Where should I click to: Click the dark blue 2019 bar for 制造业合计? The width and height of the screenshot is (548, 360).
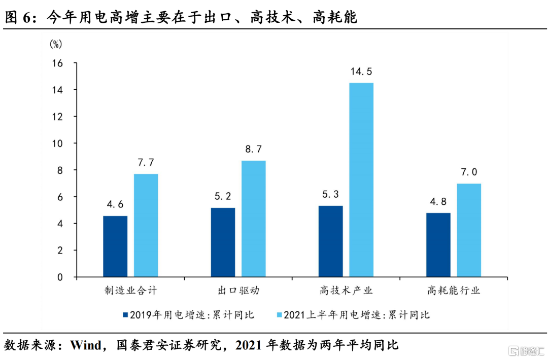pyautogui.click(x=115, y=246)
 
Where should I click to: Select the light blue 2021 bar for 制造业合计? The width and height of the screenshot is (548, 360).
pyautogui.click(x=146, y=226)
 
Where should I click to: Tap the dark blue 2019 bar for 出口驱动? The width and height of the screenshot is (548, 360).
pyautogui.click(x=223, y=242)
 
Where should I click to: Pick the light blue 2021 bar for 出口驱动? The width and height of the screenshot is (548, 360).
pyautogui.click(x=254, y=219)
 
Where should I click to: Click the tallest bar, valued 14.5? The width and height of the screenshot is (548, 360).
pyautogui.click(x=361, y=180)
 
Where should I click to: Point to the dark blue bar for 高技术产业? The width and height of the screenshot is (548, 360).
pyautogui.click(x=330, y=241)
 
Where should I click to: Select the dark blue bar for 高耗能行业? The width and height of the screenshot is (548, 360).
pyautogui.click(x=438, y=245)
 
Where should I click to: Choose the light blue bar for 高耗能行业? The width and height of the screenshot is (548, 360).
pyautogui.click(x=469, y=230)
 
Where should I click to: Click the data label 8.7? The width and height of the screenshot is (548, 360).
pyautogui.click(x=254, y=150)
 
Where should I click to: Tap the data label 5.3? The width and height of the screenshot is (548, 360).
pyautogui.click(x=330, y=195)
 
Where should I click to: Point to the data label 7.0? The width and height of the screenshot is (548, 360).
pyautogui.click(x=469, y=172)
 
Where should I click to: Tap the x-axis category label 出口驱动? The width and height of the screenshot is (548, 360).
pyautogui.click(x=238, y=291)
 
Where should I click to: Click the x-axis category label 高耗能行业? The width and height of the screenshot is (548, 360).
pyautogui.click(x=453, y=291)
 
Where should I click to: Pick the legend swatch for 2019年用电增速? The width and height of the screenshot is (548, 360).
pyautogui.click(x=125, y=315)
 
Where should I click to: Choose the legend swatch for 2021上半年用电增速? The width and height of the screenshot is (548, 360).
pyautogui.click(x=279, y=315)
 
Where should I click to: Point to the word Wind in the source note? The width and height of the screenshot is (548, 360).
pyautogui.click(x=87, y=346)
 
